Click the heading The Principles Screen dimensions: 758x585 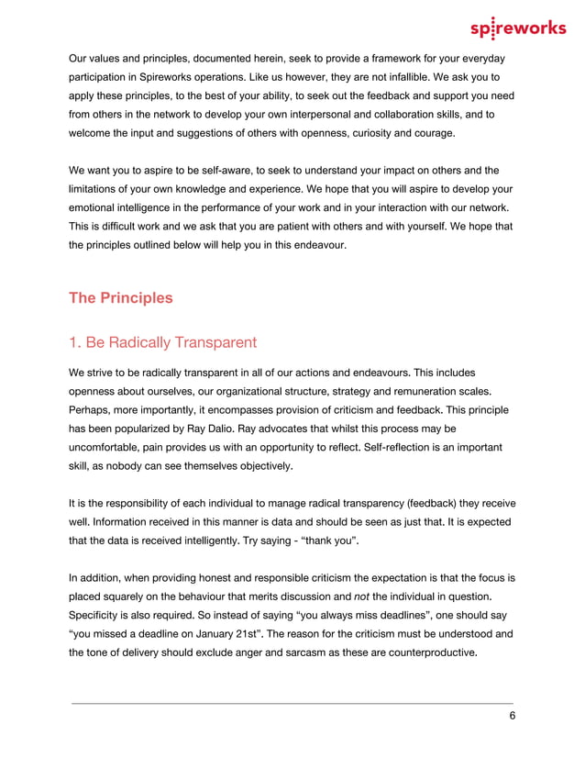(120, 298)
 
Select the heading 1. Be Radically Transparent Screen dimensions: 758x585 (162, 342)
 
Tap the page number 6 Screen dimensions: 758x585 (512, 717)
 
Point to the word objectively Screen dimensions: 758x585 (262, 466)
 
